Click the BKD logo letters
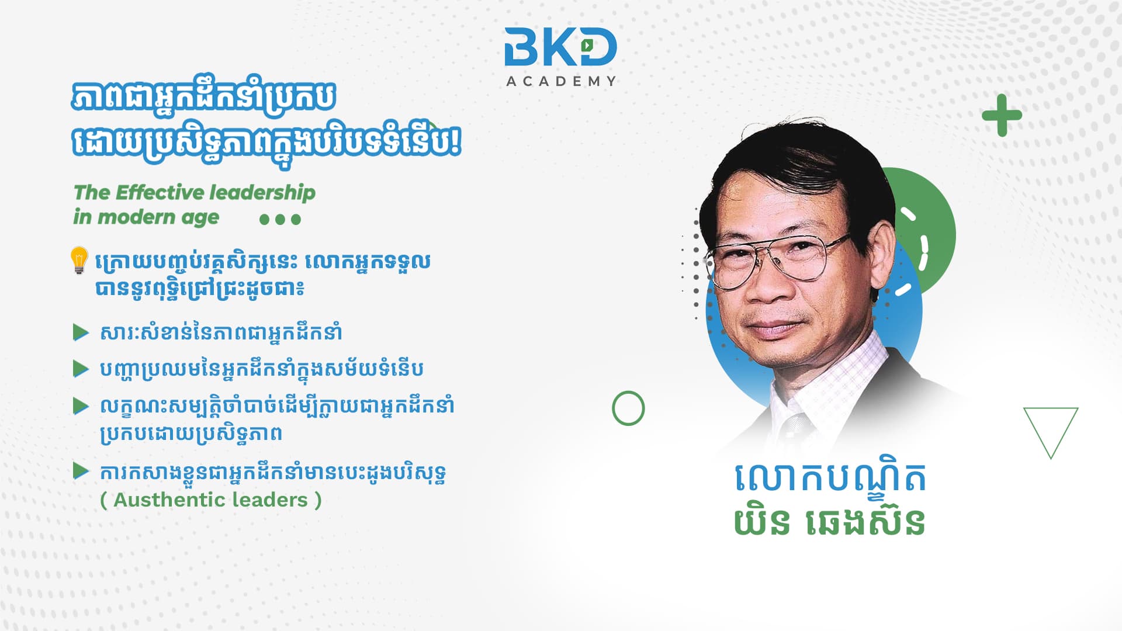[560, 47]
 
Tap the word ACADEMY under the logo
[561, 81]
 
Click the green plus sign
[1002, 115]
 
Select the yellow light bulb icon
[79, 260]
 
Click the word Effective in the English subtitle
[160, 192]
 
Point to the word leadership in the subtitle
[262, 193]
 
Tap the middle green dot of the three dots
[280, 220]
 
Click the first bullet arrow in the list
[81, 332]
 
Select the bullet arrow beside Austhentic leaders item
[81, 471]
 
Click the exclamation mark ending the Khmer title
[455, 140]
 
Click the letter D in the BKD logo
[595, 47]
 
